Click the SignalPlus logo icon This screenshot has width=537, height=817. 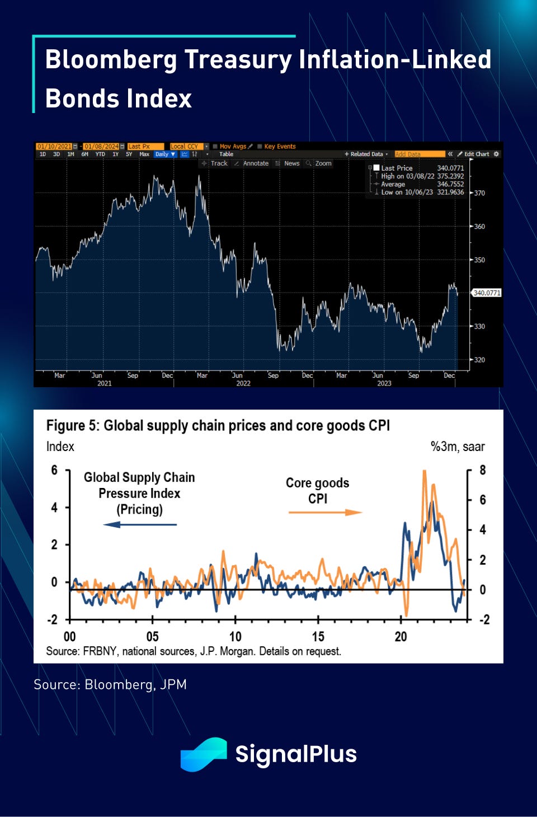pyautogui.click(x=204, y=754)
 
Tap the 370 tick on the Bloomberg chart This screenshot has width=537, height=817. pyautogui.click(x=479, y=193)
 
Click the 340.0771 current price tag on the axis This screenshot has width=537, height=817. pyautogui.click(x=487, y=293)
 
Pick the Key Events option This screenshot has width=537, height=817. pyautogui.click(x=279, y=147)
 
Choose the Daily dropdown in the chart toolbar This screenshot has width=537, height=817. pyautogui.click(x=165, y=154)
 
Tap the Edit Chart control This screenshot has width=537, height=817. pyautogui.click(x=476, y=154)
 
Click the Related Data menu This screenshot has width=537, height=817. pyautogui.click(x=367, y=154)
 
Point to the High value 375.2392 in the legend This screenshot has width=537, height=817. pyautogui.click(x=450, y=176)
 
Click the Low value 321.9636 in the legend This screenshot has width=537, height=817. pyautogui.click(x=450, y=192)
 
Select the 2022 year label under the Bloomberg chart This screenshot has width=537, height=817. pyautogui.click(x=243, y=383)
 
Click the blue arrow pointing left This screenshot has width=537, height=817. pyautogui.click(x=140, y=524)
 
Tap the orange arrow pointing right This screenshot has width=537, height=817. pyautogui.click(x=325, y=512)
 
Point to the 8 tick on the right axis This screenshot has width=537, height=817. pyautogui.click(x=483, y=470)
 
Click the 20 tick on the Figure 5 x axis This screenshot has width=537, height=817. pyautogui.click(x=401, y=636)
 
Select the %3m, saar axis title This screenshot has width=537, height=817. pyautogui.click(x=457, y=447)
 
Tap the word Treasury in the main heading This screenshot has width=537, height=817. pyautogui.click(x=238, y=59)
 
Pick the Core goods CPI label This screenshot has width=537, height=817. pyautogui.click(x=317, y=490)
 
